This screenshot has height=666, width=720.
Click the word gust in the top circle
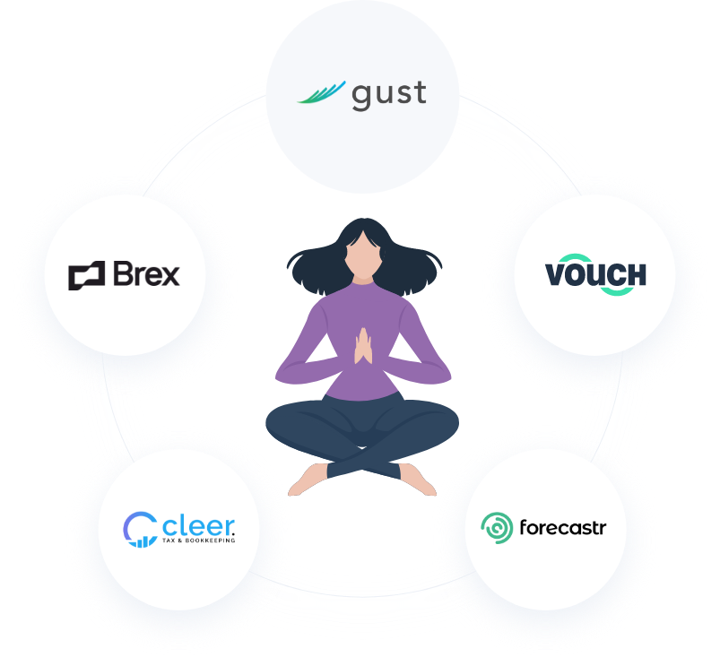click(388, 94)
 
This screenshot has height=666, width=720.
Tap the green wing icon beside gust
click(321, 92)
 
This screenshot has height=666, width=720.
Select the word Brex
click(146, 273)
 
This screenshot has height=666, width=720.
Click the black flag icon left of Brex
click(86, 275)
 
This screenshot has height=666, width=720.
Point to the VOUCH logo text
click(595, 275)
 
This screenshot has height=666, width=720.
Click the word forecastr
click(562, 527)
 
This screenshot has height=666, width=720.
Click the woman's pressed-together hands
click(363, 346)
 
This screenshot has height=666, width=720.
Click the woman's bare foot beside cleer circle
click(305, 480)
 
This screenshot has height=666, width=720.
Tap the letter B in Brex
click(123, 273)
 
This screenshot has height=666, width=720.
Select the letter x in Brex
click(169, 276)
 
